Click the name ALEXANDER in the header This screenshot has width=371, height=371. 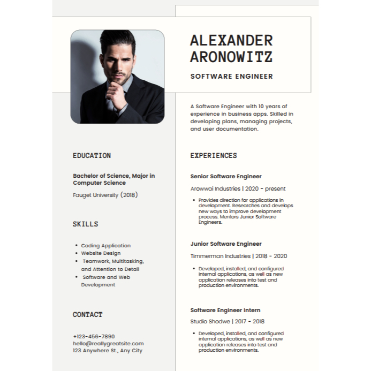pos(231,40)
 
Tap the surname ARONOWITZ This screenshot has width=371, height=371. pos(231,57)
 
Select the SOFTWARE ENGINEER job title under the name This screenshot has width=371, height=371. pos(231,77)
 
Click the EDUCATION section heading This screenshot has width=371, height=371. pos(92,156)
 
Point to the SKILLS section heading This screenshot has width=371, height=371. pos(85,224)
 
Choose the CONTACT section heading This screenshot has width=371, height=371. pos(87,315)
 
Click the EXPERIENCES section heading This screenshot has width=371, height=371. pos(213,156)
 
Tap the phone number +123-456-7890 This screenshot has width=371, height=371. pos(94,336)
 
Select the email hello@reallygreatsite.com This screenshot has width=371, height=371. pos(108,343)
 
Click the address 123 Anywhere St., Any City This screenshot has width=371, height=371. pos(108,350)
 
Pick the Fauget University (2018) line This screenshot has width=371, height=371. pos(105,195)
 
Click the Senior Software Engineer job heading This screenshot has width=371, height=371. pos(226,176)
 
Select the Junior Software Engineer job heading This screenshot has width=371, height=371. pos(226,244)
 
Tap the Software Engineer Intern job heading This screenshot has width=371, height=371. pos(225,310)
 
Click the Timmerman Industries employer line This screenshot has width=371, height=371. pos(239,256)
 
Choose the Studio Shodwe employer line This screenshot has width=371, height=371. pos(228,321)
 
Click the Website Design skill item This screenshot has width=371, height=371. pos(101,253)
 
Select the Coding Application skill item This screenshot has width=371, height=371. pos(105,246)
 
